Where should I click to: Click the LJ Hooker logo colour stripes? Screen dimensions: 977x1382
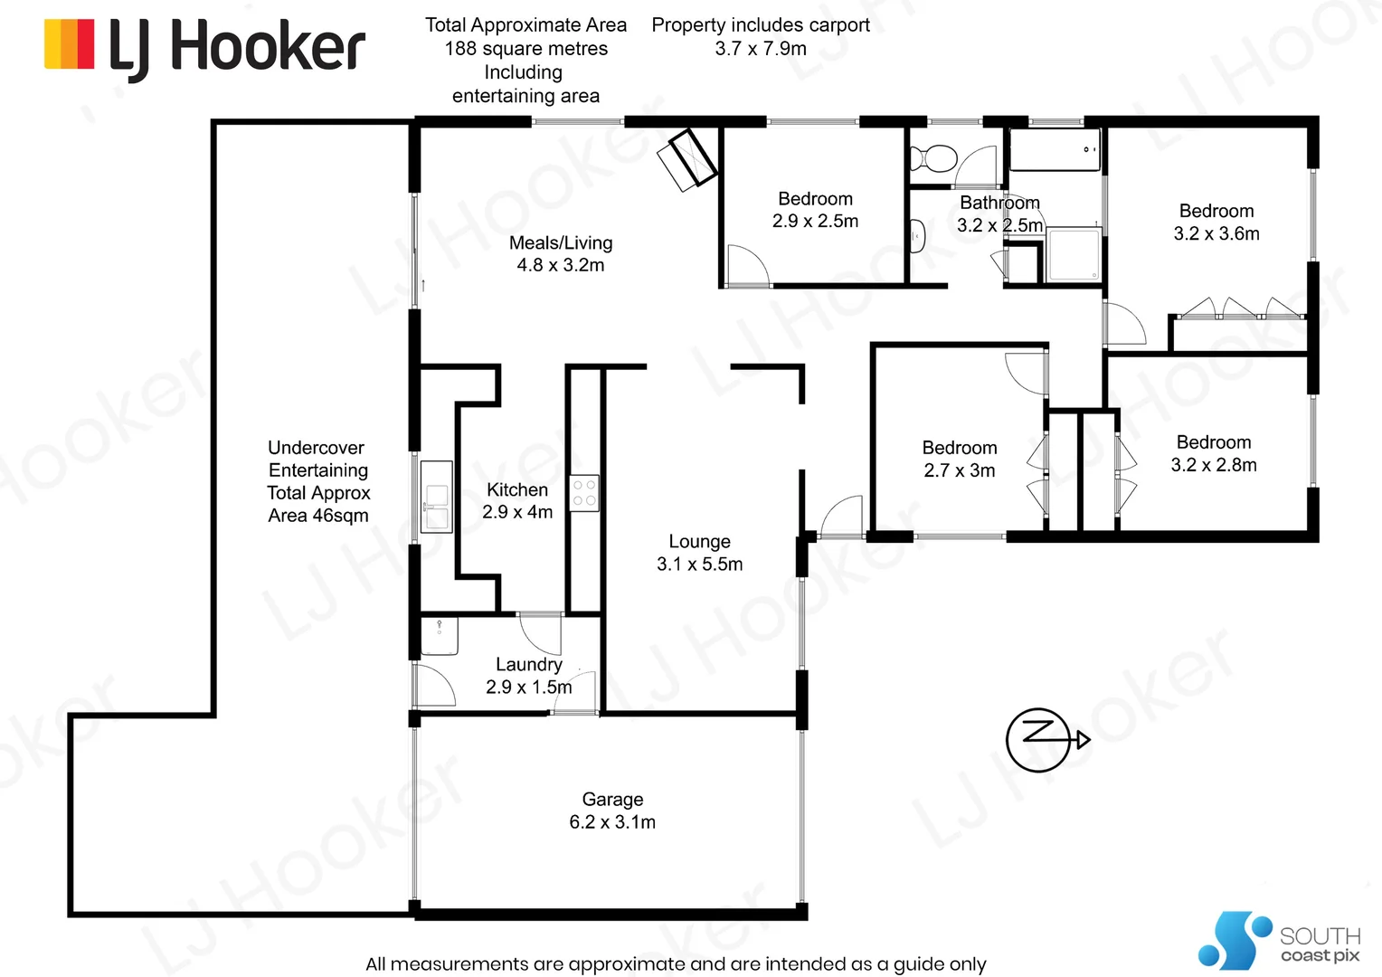point(70,44)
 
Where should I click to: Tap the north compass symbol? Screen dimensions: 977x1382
point(1039,739)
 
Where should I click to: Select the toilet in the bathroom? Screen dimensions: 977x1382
point(934,159)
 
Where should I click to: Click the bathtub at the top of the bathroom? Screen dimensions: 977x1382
point(1055,149)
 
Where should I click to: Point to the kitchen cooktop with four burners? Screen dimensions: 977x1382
point(584,493)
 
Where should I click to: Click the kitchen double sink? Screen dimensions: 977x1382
point(436,497)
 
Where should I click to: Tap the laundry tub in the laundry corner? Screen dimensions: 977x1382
point(440,635)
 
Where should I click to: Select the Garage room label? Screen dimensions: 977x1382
point(612,800)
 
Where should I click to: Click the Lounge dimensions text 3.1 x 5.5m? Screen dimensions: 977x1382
point(699,564)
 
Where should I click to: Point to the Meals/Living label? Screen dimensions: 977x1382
point(561,242)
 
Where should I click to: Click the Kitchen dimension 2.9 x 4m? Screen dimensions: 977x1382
point(517,512)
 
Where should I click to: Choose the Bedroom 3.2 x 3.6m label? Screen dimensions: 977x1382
point(1216,223)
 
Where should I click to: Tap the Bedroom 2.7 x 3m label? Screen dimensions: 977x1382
point(960,459)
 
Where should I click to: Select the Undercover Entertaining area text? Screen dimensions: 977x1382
point(318,481)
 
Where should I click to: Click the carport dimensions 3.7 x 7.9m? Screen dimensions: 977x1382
point(761,49)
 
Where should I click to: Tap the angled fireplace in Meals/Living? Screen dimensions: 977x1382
point(687,159)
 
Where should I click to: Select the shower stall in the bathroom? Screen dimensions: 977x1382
point(1074,256)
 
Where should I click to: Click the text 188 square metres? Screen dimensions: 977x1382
point(525,49)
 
